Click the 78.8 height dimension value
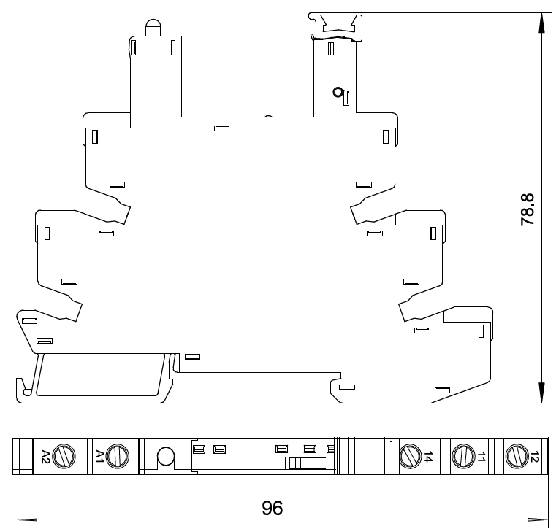(528, 209)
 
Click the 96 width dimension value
(273, 507)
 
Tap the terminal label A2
(45, 457)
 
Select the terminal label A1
(100, 457)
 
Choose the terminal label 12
(535, 457)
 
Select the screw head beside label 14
(411, 457)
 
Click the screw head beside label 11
(463, 457)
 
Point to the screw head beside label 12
(517, 457)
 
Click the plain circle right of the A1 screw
(166, 457)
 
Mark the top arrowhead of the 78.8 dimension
(541, 22)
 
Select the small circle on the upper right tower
(338, 92)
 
